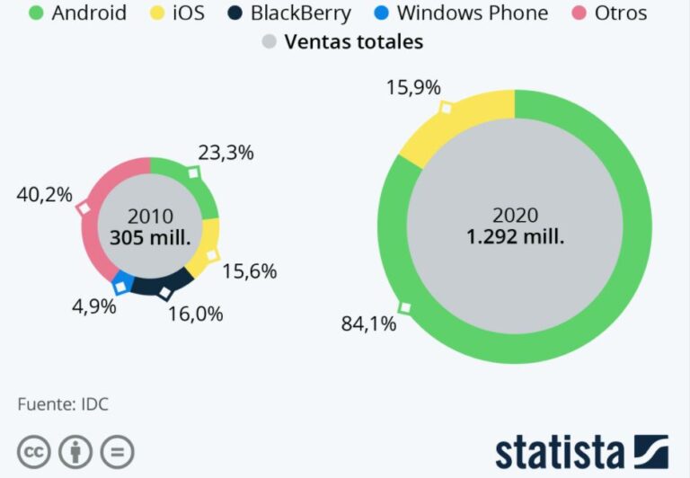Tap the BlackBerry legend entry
click(x=289, y=13)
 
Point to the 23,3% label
click(x=226, y=153)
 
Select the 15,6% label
click(x=249, y=270)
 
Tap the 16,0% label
click(x=196, y=314)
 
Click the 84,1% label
click(x=368, y=324)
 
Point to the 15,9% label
click(x=414, y=88)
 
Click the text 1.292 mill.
click(x=515, y=237)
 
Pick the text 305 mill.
click(x=150, y=237)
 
